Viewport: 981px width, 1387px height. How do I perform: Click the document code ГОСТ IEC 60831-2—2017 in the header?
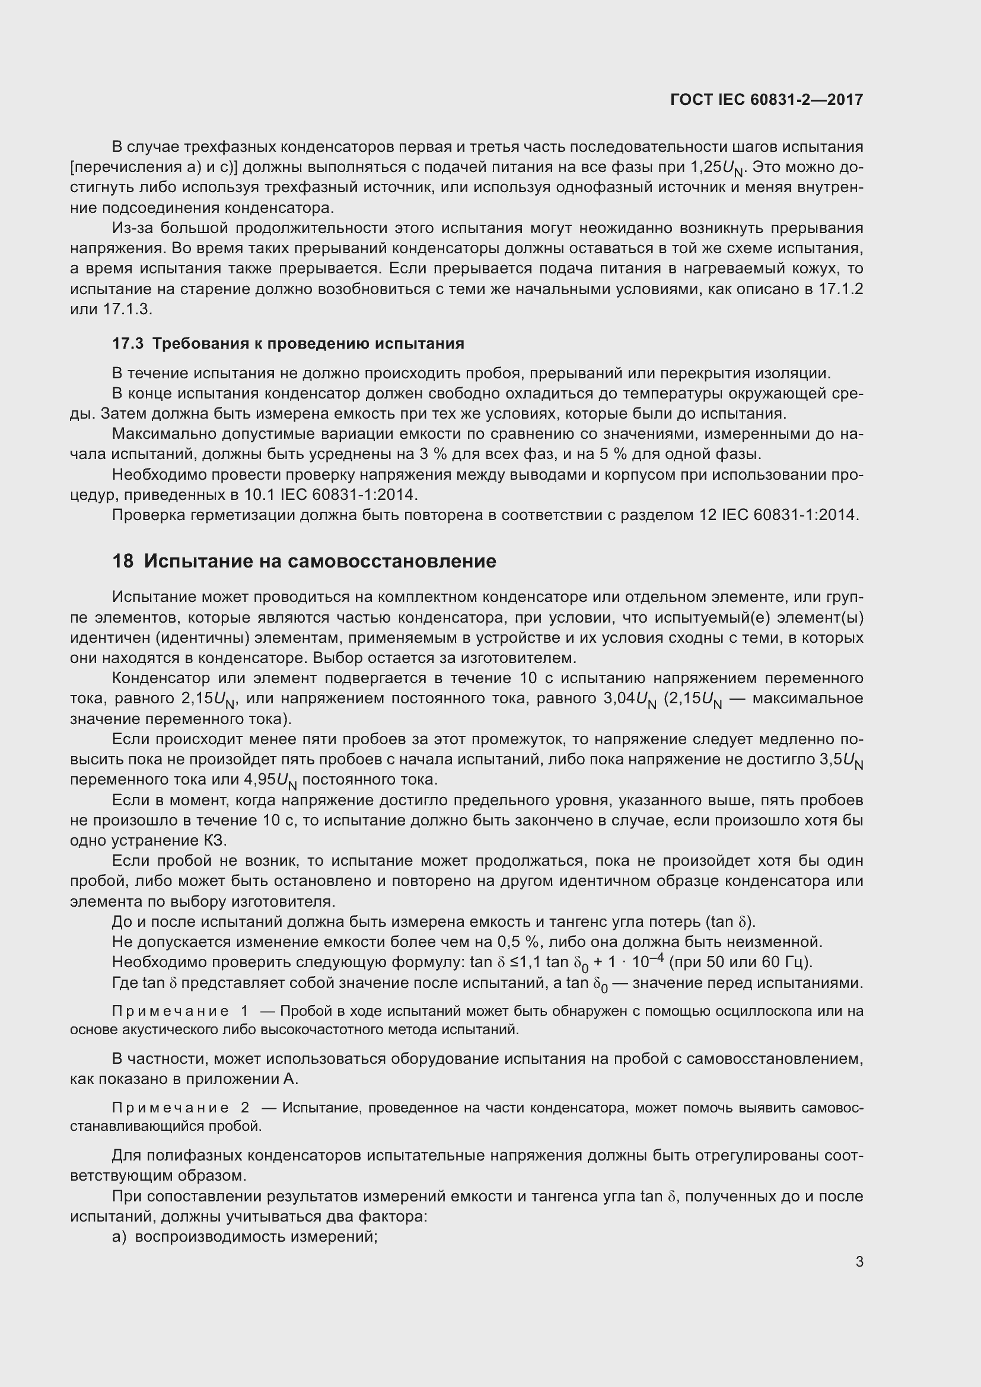click(766, 100)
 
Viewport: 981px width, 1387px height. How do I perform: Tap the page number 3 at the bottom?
click(859, 1261)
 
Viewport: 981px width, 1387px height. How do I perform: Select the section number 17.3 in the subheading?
click(128, 344)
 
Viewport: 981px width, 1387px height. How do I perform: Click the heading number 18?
click(123, 561)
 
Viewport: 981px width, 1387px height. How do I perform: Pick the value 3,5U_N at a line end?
click(841, 760)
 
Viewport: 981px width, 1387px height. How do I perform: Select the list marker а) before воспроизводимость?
click(120, 1236)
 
